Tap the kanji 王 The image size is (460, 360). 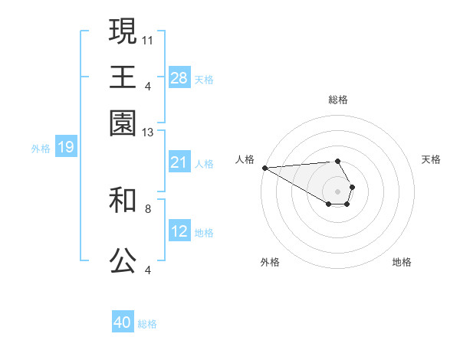(123, 77)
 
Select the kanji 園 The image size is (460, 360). (123, 123)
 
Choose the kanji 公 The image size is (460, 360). (123, 261)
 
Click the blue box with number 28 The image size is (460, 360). (179, 78)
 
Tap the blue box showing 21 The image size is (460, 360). (179, 162)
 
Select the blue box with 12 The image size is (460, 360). (179, 231)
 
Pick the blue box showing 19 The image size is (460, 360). (66, 147)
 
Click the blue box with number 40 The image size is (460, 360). (123, 322)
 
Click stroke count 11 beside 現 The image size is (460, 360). (148, 39)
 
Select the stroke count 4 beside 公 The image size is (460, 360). (148, 269)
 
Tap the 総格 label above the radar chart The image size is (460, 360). (337, 100)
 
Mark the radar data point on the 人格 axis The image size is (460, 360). (264, 167)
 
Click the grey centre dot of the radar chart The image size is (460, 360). (337, 190)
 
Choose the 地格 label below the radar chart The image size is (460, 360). (402, 262)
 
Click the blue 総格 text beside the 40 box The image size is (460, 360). (147, 324)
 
